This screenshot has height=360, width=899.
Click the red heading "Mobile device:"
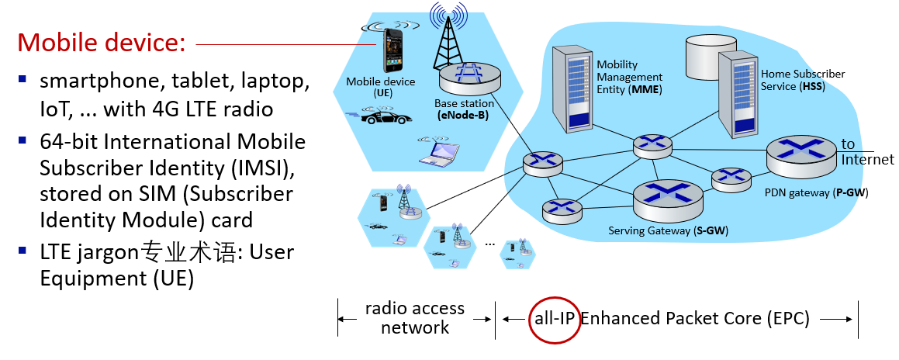(101, 42)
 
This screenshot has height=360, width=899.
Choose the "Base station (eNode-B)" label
(463, 109)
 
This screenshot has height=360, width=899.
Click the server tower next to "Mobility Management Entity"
(570, 87)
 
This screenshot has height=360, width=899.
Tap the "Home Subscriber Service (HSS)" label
(802, 80)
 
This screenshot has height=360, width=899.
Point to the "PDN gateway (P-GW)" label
(817, 192)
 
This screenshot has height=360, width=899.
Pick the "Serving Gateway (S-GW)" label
(668, 230)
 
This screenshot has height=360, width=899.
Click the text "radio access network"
(415, 317)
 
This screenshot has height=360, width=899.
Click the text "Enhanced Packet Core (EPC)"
(695, 317)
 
